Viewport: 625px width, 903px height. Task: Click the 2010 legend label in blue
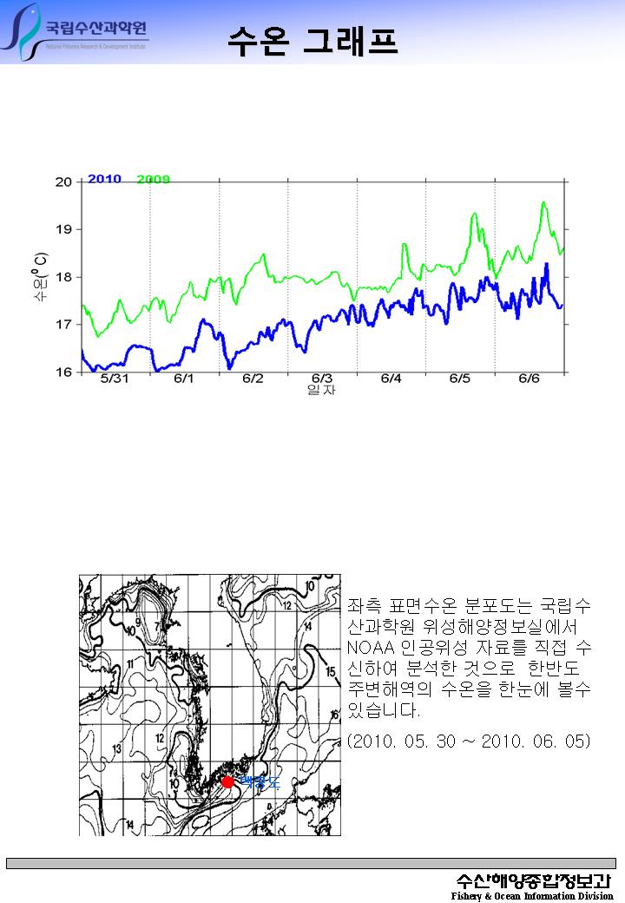(104, 179)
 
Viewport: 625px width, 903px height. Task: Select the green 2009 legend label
(153, 180)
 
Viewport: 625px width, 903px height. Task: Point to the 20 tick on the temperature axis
(64, 181)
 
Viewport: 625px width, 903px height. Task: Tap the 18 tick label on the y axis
(64, 277)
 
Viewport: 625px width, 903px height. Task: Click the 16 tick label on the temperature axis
(64, 372)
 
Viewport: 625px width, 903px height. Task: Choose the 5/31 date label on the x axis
(115, 379)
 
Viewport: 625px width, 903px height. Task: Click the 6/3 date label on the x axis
(322, 379)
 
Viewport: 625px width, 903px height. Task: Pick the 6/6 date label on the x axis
(529, 379)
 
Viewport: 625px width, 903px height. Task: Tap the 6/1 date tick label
(184, 379)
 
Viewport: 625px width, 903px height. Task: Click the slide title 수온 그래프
(312, 40)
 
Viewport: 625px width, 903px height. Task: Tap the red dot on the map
(227, 781)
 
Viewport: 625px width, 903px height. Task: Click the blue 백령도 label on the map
(259, 782)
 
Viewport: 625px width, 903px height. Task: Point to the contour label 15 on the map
(330, 671)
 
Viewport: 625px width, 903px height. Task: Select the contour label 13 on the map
(116, 748)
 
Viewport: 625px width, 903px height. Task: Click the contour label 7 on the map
(157, 626)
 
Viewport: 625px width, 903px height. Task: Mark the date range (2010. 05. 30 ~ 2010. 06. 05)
(469, 741)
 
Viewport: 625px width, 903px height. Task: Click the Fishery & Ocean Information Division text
(531, 895)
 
